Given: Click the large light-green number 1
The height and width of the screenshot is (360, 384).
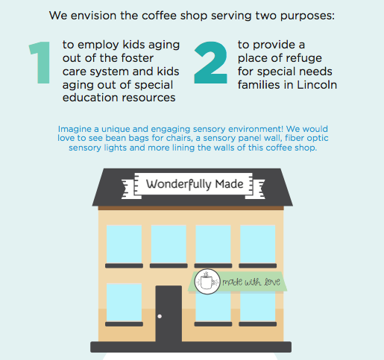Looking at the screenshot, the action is click(42, 63).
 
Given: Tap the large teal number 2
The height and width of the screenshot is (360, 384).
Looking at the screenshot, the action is click(211, 63).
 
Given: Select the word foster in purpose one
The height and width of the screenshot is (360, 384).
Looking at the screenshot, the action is click(137, 58).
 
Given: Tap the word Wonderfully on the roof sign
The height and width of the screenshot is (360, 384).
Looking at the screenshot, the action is click(178, 184).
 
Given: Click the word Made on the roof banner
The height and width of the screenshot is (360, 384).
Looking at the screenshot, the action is click(229, 184).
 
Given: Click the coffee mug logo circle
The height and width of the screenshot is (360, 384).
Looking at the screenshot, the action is click(207, 282).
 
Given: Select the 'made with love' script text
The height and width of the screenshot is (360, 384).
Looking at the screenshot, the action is click(251, 282).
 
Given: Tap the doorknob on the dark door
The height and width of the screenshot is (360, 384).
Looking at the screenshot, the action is click(160, 316).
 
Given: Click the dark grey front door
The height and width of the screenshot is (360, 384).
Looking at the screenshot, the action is click(169, 314).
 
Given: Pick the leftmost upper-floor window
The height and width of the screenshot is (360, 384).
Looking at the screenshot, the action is click(124, 244).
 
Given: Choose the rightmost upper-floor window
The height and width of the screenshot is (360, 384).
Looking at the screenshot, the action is click(258, 244).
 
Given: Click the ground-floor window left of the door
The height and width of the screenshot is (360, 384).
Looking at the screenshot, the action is click(124, 303).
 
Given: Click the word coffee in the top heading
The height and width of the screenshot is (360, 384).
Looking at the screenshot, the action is click(159, 16).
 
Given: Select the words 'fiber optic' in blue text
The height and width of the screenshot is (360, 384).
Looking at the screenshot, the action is click(306, 139).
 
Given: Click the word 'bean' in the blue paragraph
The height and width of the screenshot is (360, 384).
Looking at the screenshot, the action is click(115, 138).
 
